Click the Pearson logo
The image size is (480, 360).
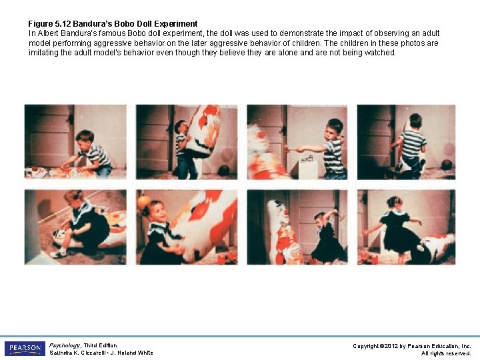click(25, 349)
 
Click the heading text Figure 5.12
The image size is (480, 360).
click(49, 23)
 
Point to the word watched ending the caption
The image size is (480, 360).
click(381, 53)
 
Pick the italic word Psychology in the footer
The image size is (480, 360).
click(65, 345)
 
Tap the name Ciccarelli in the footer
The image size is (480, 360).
click(89, 353)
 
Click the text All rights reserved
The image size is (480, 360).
click(446, 353)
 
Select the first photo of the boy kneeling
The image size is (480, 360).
click(75, 142)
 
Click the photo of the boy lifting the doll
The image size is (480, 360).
click(187, 142)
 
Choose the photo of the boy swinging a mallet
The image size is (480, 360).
click(297, 142)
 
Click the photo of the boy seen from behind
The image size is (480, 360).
click(406, 142)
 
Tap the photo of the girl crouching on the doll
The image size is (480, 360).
click(75, 227)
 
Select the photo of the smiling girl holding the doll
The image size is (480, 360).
click(187, 227)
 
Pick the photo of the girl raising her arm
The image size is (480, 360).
click(297, 227)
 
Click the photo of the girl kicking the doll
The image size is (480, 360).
click(406, 227)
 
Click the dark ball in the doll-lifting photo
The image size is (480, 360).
click(224, 170)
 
